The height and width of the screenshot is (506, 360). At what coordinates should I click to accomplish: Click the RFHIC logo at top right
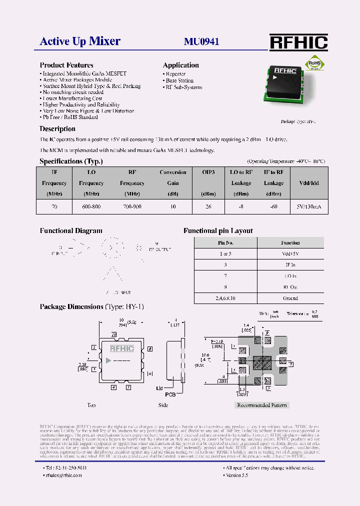point(298,42)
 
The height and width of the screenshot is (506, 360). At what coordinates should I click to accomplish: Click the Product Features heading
point(66,65)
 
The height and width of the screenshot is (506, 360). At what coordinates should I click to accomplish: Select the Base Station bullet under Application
point(179,80)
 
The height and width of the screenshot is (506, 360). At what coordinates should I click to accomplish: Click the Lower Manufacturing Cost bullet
point(72,98)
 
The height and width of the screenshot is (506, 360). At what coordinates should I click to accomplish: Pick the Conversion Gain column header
point(173,183)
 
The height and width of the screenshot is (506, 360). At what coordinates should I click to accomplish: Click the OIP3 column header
point(208,172)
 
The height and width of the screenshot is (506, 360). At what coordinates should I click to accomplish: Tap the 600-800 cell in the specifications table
point(91,206)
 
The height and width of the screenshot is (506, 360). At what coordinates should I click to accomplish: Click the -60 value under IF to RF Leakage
point(273,206)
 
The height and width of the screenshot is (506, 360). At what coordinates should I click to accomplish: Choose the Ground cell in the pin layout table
point(290,298)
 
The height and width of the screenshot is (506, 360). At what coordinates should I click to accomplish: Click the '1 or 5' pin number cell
point(225,254)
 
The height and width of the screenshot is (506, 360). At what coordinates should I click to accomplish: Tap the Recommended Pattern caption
point(262,405)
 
